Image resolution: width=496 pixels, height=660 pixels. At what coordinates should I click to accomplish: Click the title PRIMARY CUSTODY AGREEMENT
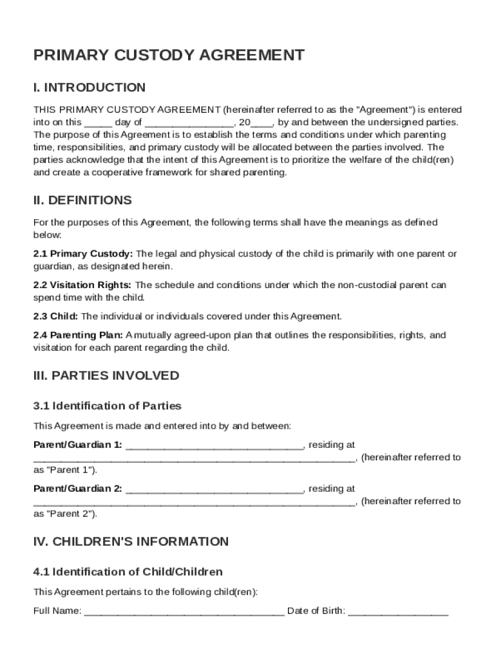coord(169,55)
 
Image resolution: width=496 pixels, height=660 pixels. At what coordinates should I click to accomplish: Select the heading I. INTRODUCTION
coord(90,88)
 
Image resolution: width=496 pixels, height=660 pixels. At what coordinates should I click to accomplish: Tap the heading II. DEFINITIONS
coord(82,200)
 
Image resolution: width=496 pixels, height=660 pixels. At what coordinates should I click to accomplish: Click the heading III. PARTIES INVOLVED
coord(106,375)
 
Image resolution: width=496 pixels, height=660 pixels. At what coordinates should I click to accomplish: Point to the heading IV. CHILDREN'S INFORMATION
coord(131,541)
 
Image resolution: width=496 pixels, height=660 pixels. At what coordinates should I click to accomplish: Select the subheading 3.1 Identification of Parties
coord(108,406)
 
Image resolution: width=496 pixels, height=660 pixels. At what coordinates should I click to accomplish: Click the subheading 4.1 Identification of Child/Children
coord(128,572)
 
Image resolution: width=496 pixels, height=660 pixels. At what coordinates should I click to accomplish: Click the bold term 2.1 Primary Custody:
coord(83,254)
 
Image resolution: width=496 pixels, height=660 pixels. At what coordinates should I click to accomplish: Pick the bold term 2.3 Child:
coord(55,316)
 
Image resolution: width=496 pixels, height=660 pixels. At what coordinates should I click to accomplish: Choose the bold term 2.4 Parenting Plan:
coord(78,335)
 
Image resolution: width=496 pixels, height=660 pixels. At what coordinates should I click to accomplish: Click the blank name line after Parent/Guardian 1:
coord(215,445)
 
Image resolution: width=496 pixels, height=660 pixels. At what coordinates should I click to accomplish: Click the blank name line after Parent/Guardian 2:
coord(215,489)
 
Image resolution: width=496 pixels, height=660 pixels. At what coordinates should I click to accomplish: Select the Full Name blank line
coord(184,612)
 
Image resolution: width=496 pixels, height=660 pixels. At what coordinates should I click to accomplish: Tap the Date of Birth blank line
coord(398,612)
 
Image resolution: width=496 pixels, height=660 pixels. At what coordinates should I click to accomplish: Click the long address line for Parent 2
coord(194,502)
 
